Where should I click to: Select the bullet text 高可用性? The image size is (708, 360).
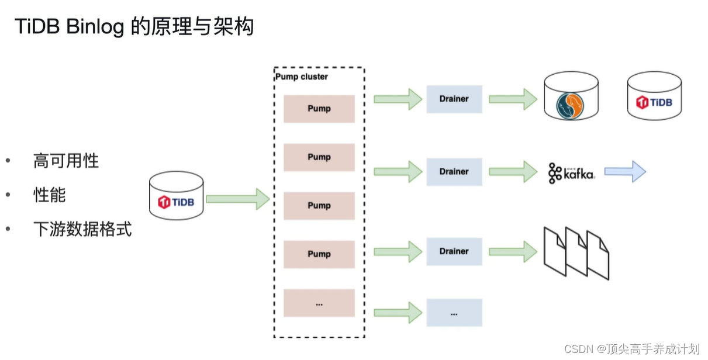tap(66, 161)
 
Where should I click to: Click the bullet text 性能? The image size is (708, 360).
tap(50, 195)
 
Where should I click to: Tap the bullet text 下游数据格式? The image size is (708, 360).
tap(82, 229)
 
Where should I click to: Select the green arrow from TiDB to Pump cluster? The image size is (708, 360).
tap(237, 199)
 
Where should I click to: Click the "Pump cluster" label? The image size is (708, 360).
tap(302, 77)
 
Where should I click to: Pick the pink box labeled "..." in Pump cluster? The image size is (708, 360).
tap(319, 303)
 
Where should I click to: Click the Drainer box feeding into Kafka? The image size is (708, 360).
tap(454, 172)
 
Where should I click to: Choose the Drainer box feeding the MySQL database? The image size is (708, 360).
tap(454, 99)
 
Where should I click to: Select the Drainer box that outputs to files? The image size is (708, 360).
tap(454, 251)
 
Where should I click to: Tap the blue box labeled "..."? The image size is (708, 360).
tap(454, 313)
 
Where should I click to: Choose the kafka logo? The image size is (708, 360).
tap(571, 173)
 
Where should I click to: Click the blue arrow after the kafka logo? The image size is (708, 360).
tap(625, 172)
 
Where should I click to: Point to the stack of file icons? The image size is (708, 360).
tap(576, 252)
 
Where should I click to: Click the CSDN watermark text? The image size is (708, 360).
tap(632, 349)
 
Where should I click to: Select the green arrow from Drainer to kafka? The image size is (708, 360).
tap(513, 172)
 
